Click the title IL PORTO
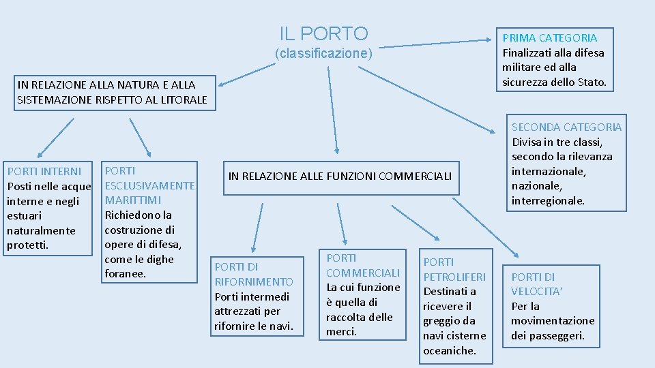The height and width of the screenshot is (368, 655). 323,33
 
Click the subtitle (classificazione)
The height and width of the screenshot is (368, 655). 323,53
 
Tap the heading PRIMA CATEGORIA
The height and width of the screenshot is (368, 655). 549,38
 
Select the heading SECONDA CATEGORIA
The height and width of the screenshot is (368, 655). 567,127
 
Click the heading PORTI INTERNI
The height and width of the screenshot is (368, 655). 44,171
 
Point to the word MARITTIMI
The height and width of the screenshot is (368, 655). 133,200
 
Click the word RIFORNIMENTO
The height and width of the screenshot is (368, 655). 254,281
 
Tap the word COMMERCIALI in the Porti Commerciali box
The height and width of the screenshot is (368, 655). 363,273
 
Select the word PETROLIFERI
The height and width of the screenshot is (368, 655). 454,277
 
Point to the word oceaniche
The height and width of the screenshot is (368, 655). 448,350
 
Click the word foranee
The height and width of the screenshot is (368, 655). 125,274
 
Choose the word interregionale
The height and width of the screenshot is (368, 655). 547,201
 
